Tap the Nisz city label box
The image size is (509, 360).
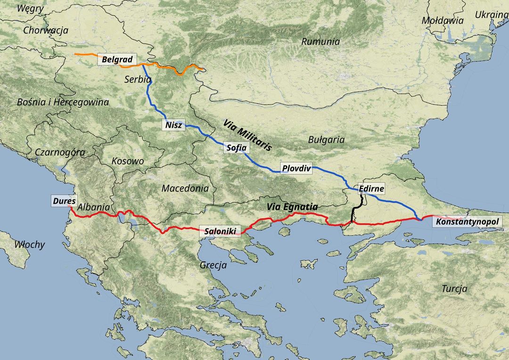(173, 125)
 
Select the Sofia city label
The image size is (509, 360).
(236, 148)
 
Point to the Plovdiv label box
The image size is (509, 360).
(296, 168)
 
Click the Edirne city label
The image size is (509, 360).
(371, 189)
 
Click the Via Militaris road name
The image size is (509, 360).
(248, 135)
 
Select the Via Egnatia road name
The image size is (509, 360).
(292, 207)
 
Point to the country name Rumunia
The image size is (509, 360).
(320, 41)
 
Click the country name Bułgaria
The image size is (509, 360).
(326, 140)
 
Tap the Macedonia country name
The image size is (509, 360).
(185, 188)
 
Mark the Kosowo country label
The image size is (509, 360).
(128, 161)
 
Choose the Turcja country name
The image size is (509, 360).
(454, 289)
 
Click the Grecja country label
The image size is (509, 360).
(213, 265)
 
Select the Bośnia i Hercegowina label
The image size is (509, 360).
(63, 102)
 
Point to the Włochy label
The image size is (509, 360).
(30, 245)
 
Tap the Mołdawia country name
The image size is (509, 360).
(443, 21)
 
